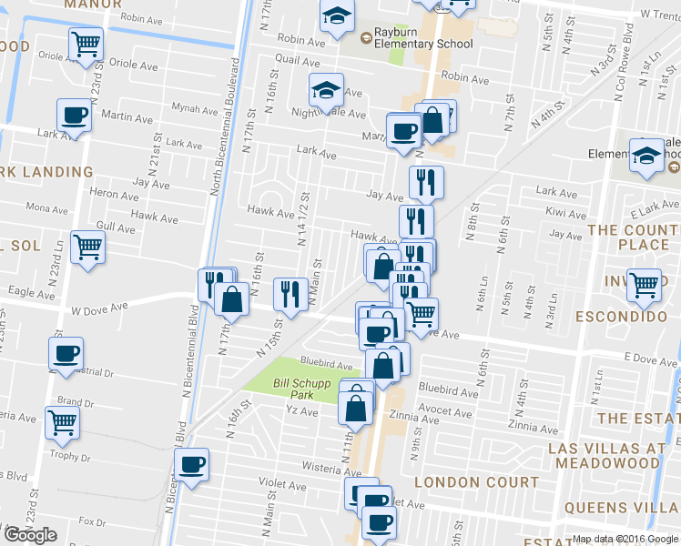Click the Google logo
click(x=30, y=535)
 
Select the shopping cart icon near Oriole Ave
click(x=86, y=43)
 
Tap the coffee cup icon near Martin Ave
click(x=75, y=116)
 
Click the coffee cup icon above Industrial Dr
click(x=66, y=354)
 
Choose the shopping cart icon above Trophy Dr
click(x=62, y=421)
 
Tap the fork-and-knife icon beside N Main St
click(x=290, y=293)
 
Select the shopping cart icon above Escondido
click(x=645, y=286)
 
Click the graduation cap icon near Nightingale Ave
click(x=325, y=89)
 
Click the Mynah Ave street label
click(x=197, y=110)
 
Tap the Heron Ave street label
click(x=114, y=194)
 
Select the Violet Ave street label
click(x=278, y=483)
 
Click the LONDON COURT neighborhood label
click(x=475, y=481)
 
